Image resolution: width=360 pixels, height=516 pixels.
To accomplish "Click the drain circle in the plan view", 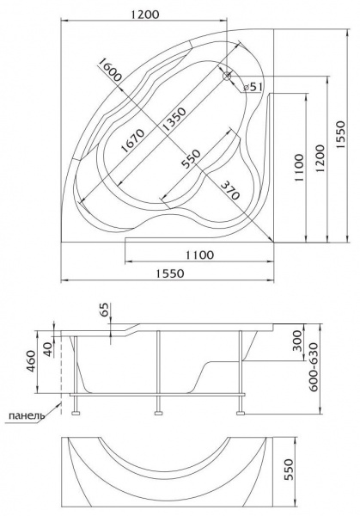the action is pyautogui.click(x=227, y=76).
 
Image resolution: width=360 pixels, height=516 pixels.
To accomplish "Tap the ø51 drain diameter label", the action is pyautogui.click(x=253, y=87).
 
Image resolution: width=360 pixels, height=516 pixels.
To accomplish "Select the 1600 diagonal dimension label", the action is pyautogui.click(x=110, y=70).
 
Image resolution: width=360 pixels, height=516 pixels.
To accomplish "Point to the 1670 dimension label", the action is pyautogui.click(x=133, y=140).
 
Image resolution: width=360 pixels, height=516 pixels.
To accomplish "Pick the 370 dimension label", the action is pyautogui.click(x=229, y=191).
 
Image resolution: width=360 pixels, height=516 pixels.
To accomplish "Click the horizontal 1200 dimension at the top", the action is pyautogui.click(x=144, y=15).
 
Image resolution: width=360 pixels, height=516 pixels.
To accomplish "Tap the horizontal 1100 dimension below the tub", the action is pyautogui.click(x=199, y=255).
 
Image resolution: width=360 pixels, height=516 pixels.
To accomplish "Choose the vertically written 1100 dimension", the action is pyautogui.click(x=299, y=168).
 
